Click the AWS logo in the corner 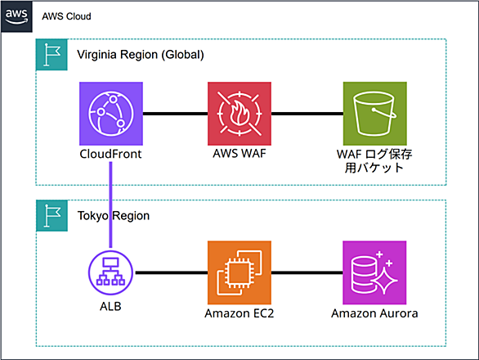pos(16,16)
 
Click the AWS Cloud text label pos(66,16)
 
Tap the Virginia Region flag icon pos(51,55)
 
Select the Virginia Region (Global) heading pos(141,55)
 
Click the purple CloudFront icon pos(111,114)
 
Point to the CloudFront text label pos(110,154)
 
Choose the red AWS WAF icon pos(239,114)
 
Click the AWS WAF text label pos(239,153)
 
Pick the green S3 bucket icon pos(375,114)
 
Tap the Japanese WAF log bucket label pos(374,161)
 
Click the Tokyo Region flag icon pos(52,216)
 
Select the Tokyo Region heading pos(114,216)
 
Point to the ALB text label pos(110,306)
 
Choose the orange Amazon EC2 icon pos(239,272)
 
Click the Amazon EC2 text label pos(239,313)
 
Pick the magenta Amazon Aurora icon pos(374,272)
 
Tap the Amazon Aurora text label pos(374,313)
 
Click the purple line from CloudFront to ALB pos(110,205)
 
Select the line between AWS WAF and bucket pos(307,114)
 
